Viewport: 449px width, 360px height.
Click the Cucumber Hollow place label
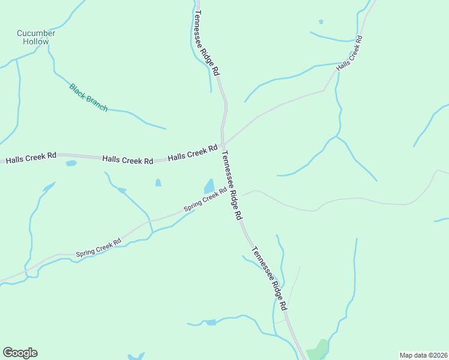(x=36, y=37)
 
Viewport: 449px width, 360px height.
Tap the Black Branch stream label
(x=88, y=97)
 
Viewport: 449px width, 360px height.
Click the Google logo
(x=20, y=353)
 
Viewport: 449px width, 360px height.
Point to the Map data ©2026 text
(x=423, y=355)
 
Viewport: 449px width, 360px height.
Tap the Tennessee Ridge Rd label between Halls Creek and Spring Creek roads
(x=232, y=184)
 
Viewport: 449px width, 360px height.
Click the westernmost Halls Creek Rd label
(x=31, y=158)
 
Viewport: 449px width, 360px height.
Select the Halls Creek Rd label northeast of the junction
(x=349, y=54)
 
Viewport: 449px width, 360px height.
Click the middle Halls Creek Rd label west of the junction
(x=127, y=160)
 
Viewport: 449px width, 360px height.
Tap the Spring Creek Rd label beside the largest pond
(x=205, y=200)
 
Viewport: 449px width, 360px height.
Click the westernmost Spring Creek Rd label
(x=98, y=248)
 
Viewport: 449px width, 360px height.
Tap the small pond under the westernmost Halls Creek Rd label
(x=71, y=163)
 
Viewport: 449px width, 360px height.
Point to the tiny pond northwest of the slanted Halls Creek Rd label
(x=321, y=22)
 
